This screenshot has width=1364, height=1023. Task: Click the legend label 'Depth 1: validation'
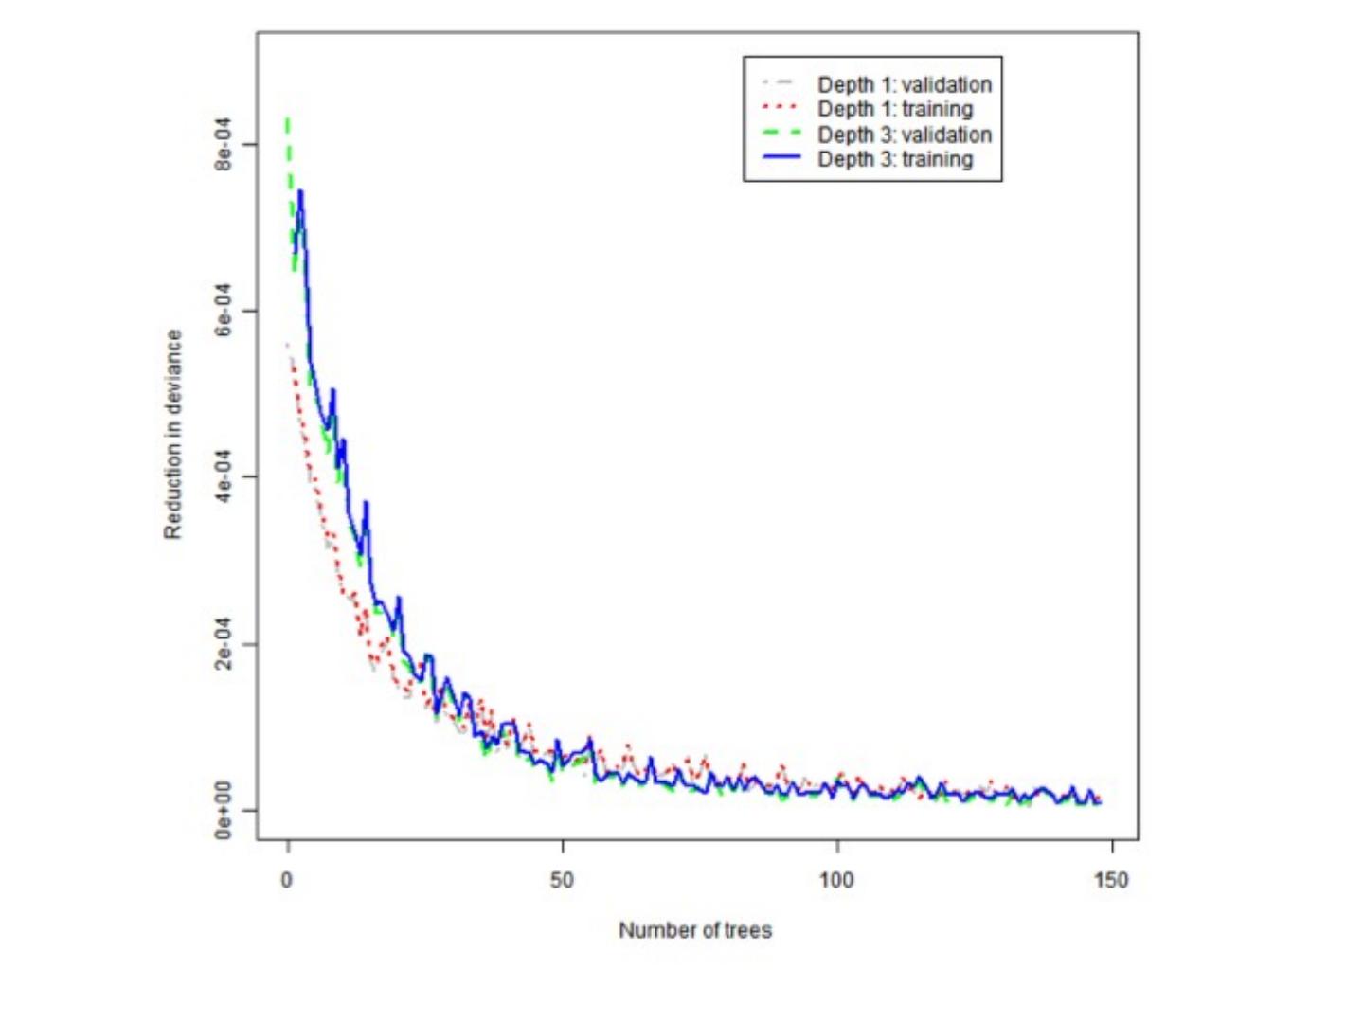[x=904, y=84]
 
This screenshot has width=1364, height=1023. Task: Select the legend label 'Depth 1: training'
[x=894, y=109]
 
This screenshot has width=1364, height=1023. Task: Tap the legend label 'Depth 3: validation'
[x=904, y=135]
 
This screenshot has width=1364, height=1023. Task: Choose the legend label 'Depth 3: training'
[x=894, y=159]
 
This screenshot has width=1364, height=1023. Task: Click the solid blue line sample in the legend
[x=781, y=158]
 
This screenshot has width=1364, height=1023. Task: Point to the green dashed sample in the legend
[x=781, y=134]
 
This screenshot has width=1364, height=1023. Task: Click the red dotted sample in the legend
[x=781, y=108]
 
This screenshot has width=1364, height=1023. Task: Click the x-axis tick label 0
[x=286, y=880]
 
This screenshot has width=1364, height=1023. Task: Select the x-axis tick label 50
[x=562, y=880]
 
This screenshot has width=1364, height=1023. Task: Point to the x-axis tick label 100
[x=836, y=880]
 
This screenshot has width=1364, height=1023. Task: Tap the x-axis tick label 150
[x=1111, y=880]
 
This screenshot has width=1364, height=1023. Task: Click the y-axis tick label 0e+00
[x=223, y=810]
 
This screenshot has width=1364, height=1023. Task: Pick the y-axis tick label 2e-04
[x=223, y=644]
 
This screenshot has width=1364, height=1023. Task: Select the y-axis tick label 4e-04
[x=223, y=477]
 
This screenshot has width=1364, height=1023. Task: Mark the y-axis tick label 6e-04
[x=223, y=311]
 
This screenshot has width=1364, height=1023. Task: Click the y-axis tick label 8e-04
[x=223, y=144]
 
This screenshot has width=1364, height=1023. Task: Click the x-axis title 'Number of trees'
[x=695, y=930]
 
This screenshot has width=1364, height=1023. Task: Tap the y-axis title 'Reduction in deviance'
[x=172, y=435]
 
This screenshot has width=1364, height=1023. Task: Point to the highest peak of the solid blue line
[x=300, y=191]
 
